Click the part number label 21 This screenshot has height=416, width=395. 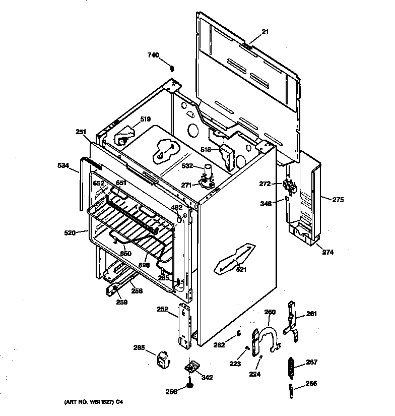point(265,32)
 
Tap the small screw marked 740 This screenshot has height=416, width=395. point(172,69)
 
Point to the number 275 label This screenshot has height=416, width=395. point(338,200)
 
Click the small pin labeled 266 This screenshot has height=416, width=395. point(291,390)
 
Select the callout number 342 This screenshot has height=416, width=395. point(207,377)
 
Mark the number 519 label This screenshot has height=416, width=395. point(145,119)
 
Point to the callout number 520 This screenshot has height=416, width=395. point(70,232)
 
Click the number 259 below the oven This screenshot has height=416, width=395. point(121,303)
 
